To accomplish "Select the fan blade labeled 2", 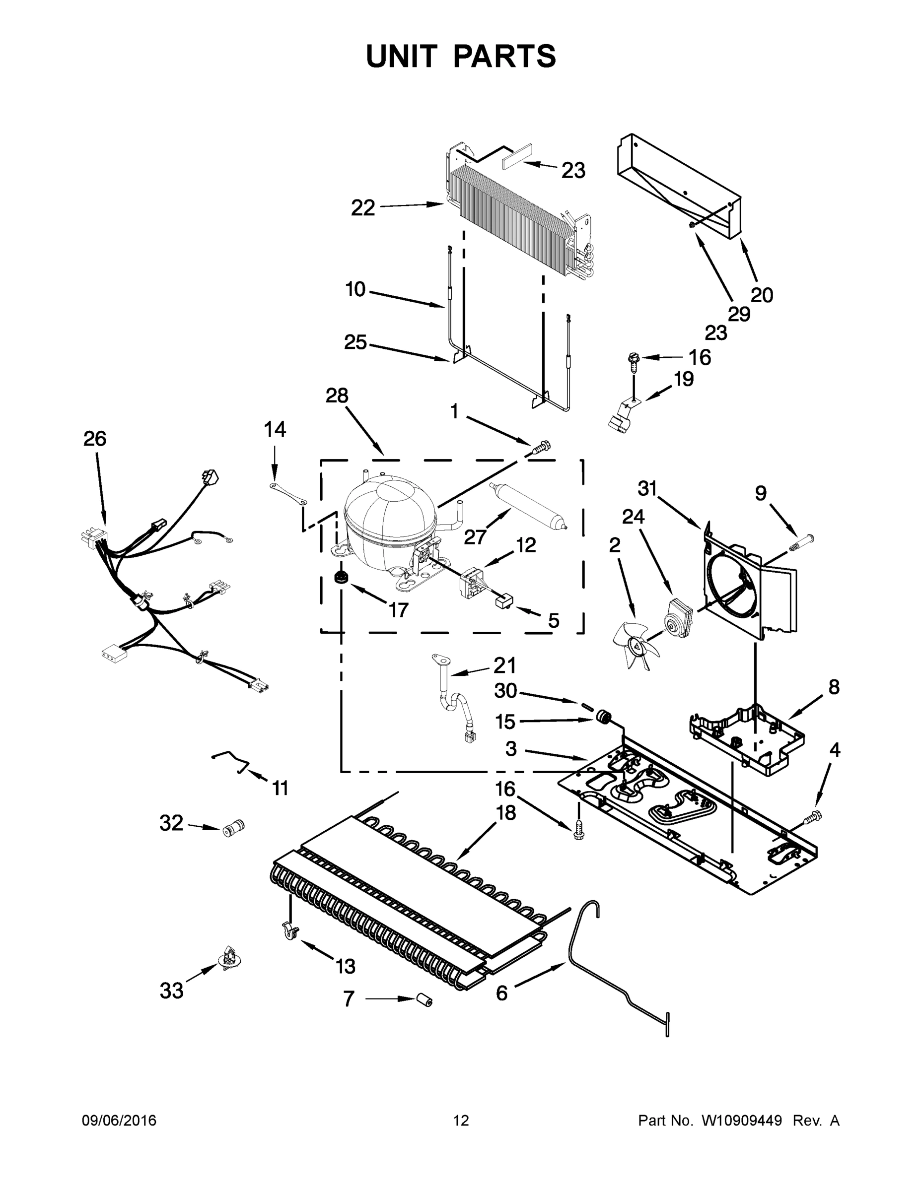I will tap(634, 646).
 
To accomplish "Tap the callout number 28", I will tap(337, 396).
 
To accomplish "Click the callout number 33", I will tap(171, 991).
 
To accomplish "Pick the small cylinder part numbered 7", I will tap(424, 999).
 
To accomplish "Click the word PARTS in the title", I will tap(505, 56).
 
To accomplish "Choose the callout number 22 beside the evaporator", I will tap(363, 208).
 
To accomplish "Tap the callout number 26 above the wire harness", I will tap(95, 439).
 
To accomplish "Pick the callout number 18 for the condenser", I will tap(506, 812).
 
